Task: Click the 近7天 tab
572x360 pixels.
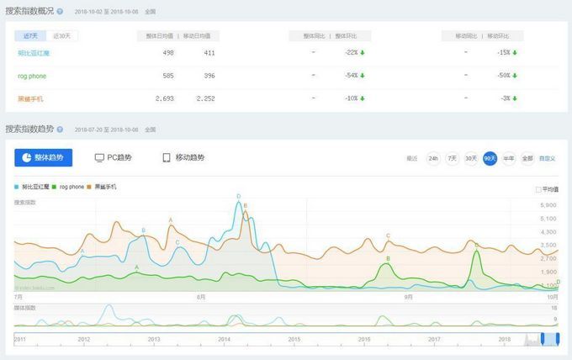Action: point(29,36)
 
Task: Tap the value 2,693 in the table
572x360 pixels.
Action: point(165,98)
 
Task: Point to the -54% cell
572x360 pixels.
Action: point(352,76)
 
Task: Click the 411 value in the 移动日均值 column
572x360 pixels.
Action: point(209,53)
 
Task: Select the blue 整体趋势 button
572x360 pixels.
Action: point(44,158)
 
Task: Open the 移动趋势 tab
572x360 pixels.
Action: point(183,158)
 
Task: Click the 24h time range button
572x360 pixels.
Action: point(433,158)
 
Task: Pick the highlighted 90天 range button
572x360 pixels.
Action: point(490,158)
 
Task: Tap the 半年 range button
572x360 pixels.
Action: point(508,158)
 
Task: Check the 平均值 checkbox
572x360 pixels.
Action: point(538,189)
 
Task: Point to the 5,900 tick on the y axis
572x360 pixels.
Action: point(548,204)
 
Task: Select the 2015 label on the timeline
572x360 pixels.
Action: point(294,338)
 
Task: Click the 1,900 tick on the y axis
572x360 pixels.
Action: point(548,272)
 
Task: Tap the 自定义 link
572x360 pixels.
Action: point(547,158)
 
